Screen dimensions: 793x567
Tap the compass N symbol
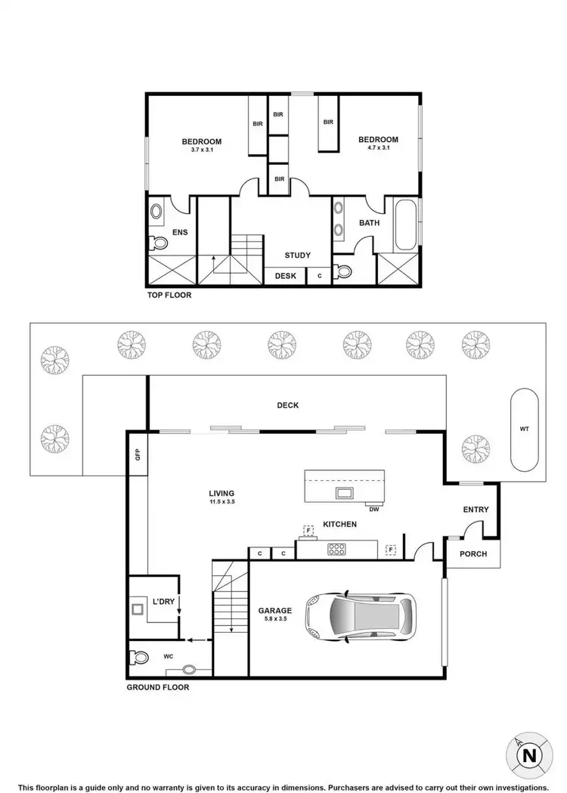pos(529,755)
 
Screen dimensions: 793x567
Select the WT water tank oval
pos(524,429)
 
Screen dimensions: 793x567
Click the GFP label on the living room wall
pos(138,454)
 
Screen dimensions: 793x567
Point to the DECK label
pos(287,405)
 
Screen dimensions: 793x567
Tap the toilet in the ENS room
pos(158,243)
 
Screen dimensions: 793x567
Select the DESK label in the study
pos(285,276)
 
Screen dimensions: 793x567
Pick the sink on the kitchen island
pos(344,493)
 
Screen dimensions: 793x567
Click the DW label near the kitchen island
pos(373,509)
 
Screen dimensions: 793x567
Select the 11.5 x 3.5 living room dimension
pos(222,502)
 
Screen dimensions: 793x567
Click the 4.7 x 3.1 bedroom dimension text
pos(378,148)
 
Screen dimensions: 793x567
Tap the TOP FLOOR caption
pos(169,296)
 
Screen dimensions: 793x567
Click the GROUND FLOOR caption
pos(158,687)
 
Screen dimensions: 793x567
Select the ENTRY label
pos(476,510)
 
